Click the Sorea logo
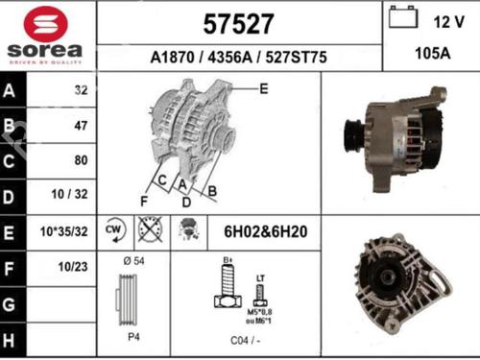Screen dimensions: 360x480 44,36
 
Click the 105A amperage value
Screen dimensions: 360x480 431,56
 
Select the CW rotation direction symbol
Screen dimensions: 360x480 112,230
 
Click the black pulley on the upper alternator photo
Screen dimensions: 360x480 352,131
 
